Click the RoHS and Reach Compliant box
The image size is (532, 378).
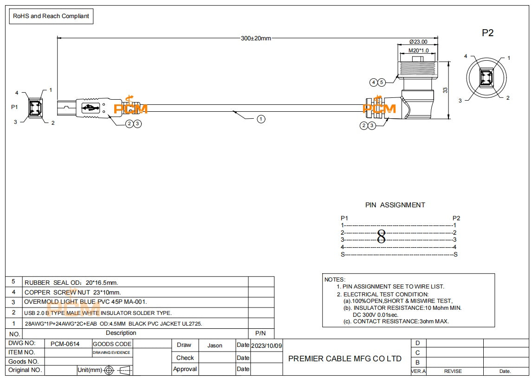point(51,16)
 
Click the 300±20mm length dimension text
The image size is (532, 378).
point(256,38)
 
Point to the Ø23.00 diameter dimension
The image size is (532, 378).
point(418,42)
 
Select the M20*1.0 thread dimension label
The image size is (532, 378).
point(418,51)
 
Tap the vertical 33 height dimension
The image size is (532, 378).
point(445,90)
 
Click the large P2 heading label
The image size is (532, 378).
point(487,33)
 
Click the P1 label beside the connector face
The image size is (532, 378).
point(14,107)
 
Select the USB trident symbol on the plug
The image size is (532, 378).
point(90,109)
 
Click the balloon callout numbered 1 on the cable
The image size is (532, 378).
point(261,119)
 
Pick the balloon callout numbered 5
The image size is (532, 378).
point(382,82)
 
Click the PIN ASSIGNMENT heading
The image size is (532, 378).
point(395,205)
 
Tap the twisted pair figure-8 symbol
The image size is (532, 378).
point(381,236)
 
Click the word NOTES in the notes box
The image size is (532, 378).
point(335,279)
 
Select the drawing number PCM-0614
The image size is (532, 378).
point(65,344)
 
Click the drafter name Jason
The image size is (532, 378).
point(215,346)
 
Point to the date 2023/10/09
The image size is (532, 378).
point(266,346)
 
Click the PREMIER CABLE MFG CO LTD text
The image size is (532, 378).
point(345,359)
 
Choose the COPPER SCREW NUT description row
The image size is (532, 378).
point(72,292)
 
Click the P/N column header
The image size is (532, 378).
point(260,333)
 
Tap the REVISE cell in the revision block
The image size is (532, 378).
point(453,371)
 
